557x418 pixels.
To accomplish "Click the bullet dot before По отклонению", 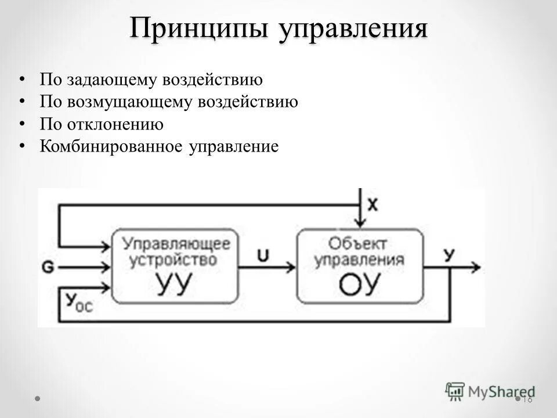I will (x=22, y=123).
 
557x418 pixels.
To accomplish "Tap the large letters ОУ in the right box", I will (x=360, y=284).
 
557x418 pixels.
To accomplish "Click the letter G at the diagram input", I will (x=48, y=268).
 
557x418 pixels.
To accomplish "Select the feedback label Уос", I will (x=75, y=301).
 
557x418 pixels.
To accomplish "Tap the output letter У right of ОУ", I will (x=449, y=254).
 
